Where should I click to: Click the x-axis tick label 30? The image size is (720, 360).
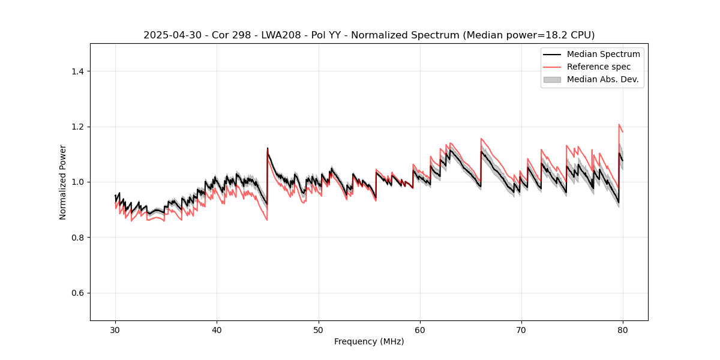click(x=115, y=330)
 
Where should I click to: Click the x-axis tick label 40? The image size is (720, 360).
click(x=217, y=330)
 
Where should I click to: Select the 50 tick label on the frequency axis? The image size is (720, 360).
click(x=319, y=330)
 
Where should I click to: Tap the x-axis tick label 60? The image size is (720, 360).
click(x=420, y=330)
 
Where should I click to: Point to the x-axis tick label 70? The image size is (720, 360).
click(x=521, y=330)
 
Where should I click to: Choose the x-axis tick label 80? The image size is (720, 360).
click(x=623, y=330)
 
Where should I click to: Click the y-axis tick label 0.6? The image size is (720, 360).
click(x=77, y=293)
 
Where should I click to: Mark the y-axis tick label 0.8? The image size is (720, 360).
click(x=77, y=238)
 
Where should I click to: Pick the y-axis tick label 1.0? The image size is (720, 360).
click(x=77, y=182)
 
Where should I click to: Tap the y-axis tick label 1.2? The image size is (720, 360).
click(x=77, y=127)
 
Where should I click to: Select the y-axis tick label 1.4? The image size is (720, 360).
click(x=77, y=71)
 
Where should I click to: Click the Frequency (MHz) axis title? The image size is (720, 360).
click(x=369, y=341)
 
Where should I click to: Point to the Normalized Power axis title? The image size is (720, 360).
click(x=63, y=182)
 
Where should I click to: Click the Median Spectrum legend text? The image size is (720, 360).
click(x=603, y=54)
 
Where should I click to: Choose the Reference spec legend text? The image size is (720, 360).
click(x=599, y=67)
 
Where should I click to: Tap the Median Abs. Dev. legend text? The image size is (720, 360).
click(x=603, y=79)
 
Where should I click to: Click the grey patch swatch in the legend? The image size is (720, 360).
click(x=552, y=79)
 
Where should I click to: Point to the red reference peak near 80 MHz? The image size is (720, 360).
click(x=619, y=125)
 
